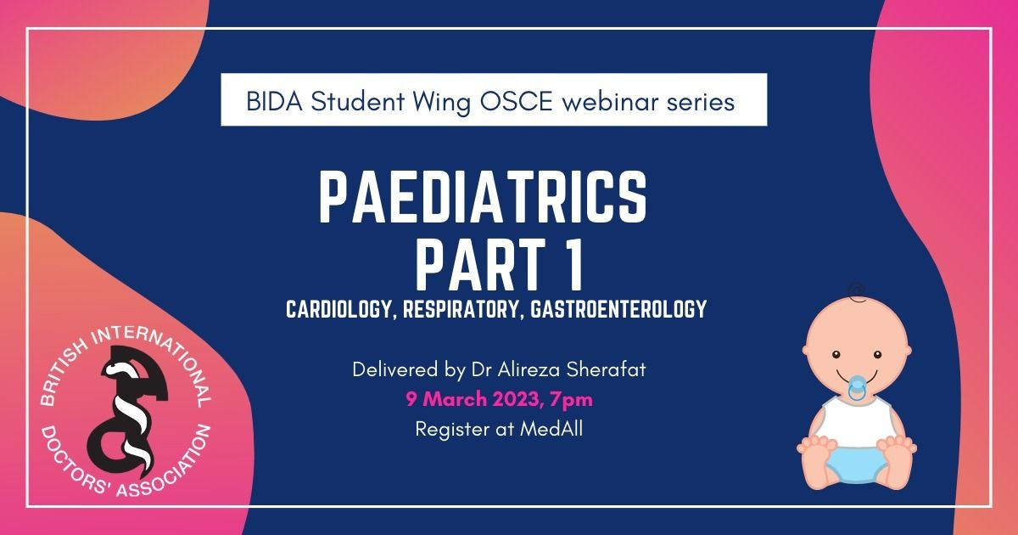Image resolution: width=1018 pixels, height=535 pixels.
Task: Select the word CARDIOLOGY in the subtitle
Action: [339, 309]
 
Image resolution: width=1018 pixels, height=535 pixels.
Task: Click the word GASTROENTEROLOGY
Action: [618, 309]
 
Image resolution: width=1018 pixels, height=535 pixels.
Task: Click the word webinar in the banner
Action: [610, 101]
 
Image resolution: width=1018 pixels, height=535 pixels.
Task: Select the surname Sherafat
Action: [607, 369]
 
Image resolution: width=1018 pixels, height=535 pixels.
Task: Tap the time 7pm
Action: [571, 400]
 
